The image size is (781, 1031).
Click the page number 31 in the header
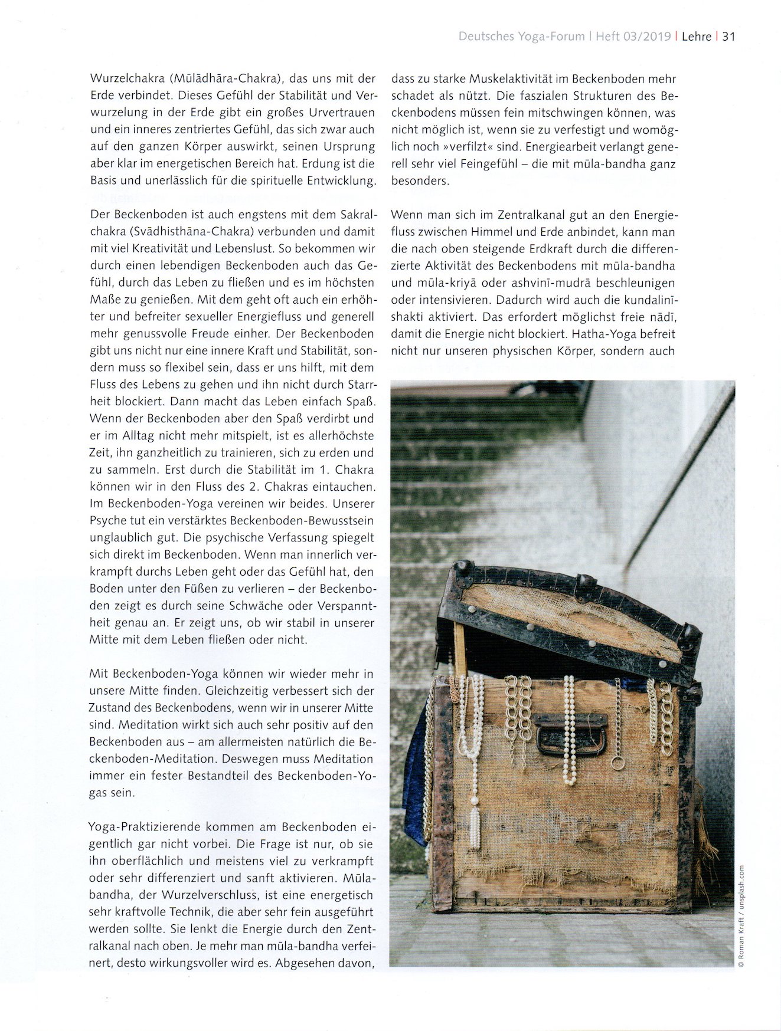[729, 37]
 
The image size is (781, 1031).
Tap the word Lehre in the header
[697, 37]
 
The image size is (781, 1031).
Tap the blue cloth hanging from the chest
[415, 784]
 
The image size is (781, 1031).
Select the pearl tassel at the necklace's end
[475, 826]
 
